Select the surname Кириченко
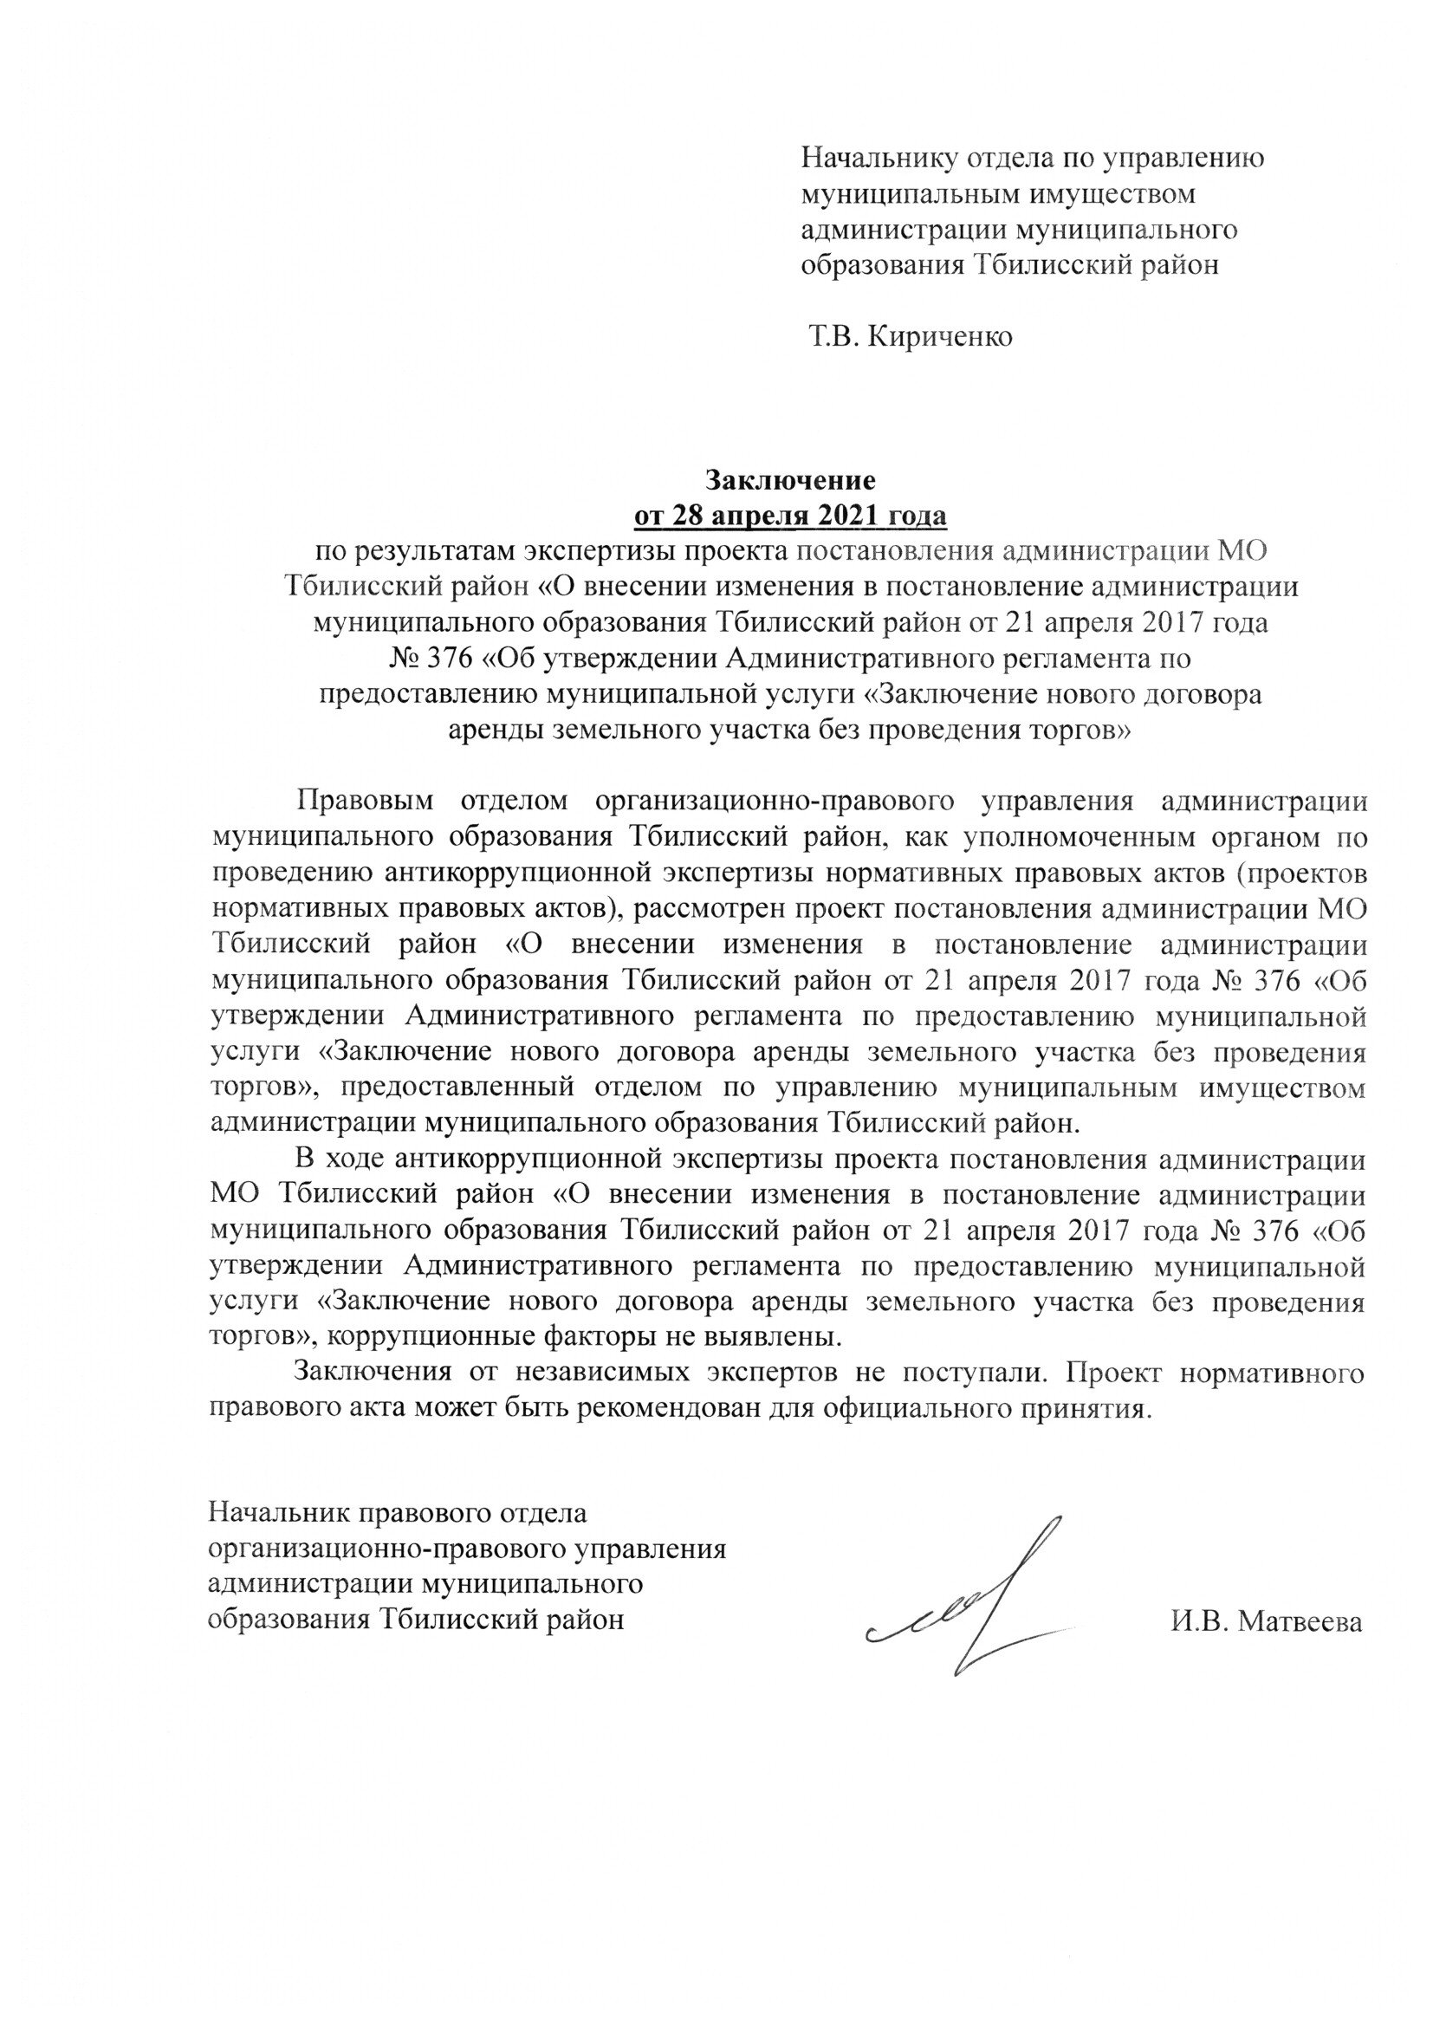tap(940, 337)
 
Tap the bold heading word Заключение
tap(790, 481)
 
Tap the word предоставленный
tap(464, 1088)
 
